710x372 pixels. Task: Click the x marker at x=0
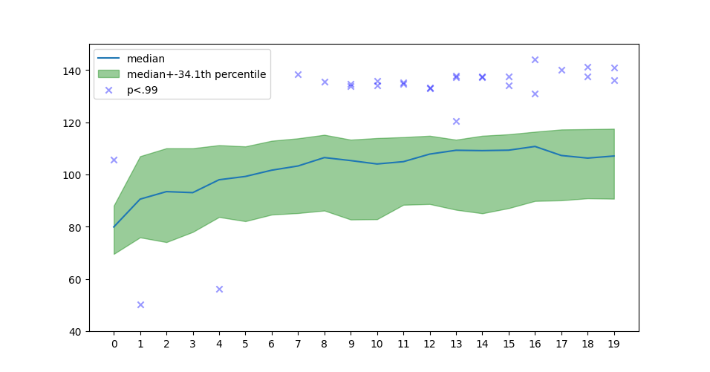coord(114,160)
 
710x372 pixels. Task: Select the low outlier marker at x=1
coord(140,304)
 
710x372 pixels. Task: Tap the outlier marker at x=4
coord(219,289)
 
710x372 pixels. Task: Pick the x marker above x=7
coord(298,74)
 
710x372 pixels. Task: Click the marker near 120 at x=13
coord(456,121)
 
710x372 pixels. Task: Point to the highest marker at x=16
coord(535,59)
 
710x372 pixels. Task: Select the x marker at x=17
coord(561,70)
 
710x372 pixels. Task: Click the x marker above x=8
coord(325,82)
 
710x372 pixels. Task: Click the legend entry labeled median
coord(146,59)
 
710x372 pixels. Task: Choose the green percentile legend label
coord(196,74)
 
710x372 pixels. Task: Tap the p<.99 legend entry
coord(142,90)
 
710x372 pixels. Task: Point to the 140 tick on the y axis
coord(76,71)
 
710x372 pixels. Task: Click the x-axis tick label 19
coord(614,345)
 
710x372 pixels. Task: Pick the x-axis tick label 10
coord(377,345)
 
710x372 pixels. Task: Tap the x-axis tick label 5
coord(245,345)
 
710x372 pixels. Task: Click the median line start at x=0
coord(114,227)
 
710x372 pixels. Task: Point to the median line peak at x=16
coord(535,146)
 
